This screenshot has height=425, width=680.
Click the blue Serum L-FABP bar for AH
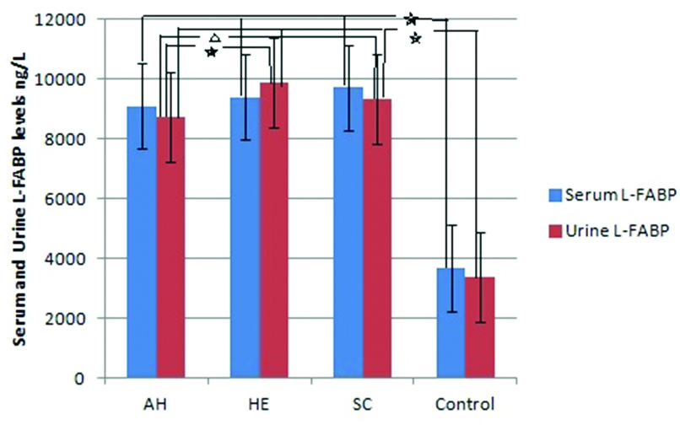pos(142,245)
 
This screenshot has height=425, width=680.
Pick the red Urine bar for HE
pos(275,232)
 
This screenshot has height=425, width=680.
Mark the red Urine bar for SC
pos(379,240)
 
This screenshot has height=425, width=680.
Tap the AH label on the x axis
pos(157,402)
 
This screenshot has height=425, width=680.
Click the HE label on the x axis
pos(261,402)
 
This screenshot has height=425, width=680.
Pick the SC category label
pos(364,402)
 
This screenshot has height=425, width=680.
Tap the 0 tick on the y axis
pos(91,379)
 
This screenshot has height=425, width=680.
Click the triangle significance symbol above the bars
pos(214,38)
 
